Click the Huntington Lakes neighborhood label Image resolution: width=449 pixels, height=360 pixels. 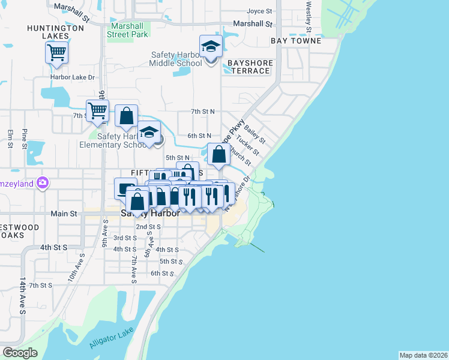55,32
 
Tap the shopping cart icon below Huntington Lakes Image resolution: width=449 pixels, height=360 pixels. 56,52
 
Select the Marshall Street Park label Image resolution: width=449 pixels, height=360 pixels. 127,30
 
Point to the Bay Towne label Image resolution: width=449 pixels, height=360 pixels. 296,41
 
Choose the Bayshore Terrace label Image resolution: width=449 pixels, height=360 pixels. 250,67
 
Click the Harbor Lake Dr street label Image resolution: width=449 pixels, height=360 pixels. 73,77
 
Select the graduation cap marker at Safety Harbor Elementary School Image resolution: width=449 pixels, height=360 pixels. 149,134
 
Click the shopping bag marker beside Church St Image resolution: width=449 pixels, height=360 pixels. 219,154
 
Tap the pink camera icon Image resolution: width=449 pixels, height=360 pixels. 42,183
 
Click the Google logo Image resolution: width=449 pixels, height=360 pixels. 20,353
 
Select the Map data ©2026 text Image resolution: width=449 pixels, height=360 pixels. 423,355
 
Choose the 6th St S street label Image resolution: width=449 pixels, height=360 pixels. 162,273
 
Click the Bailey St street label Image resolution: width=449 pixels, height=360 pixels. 255,133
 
